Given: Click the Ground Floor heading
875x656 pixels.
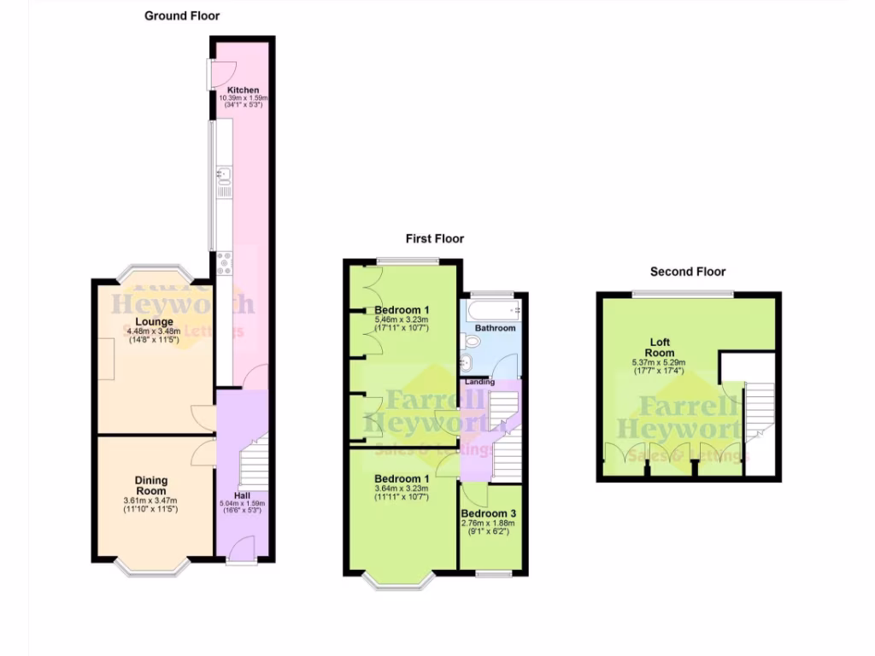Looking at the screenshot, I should [x=182, y=15].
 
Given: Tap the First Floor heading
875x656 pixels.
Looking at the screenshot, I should [x=435, y=238].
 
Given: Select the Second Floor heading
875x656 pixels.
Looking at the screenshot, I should [x=688, y=272].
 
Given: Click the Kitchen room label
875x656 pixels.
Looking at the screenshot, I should [x=244, y=90].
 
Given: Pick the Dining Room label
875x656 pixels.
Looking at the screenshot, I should [x=151, y=485].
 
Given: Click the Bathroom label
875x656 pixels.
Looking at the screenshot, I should [x=495, y=328].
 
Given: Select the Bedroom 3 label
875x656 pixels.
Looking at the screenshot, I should [x=489, y=512].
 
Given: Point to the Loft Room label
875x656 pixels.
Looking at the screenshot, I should [x=660, y=348].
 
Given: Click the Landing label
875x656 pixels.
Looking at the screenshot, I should [x=479, y=382].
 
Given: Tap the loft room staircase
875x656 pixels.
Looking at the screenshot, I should [x=760, y=410].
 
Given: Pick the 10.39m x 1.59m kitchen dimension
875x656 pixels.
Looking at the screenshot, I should [x=244, y=98].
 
